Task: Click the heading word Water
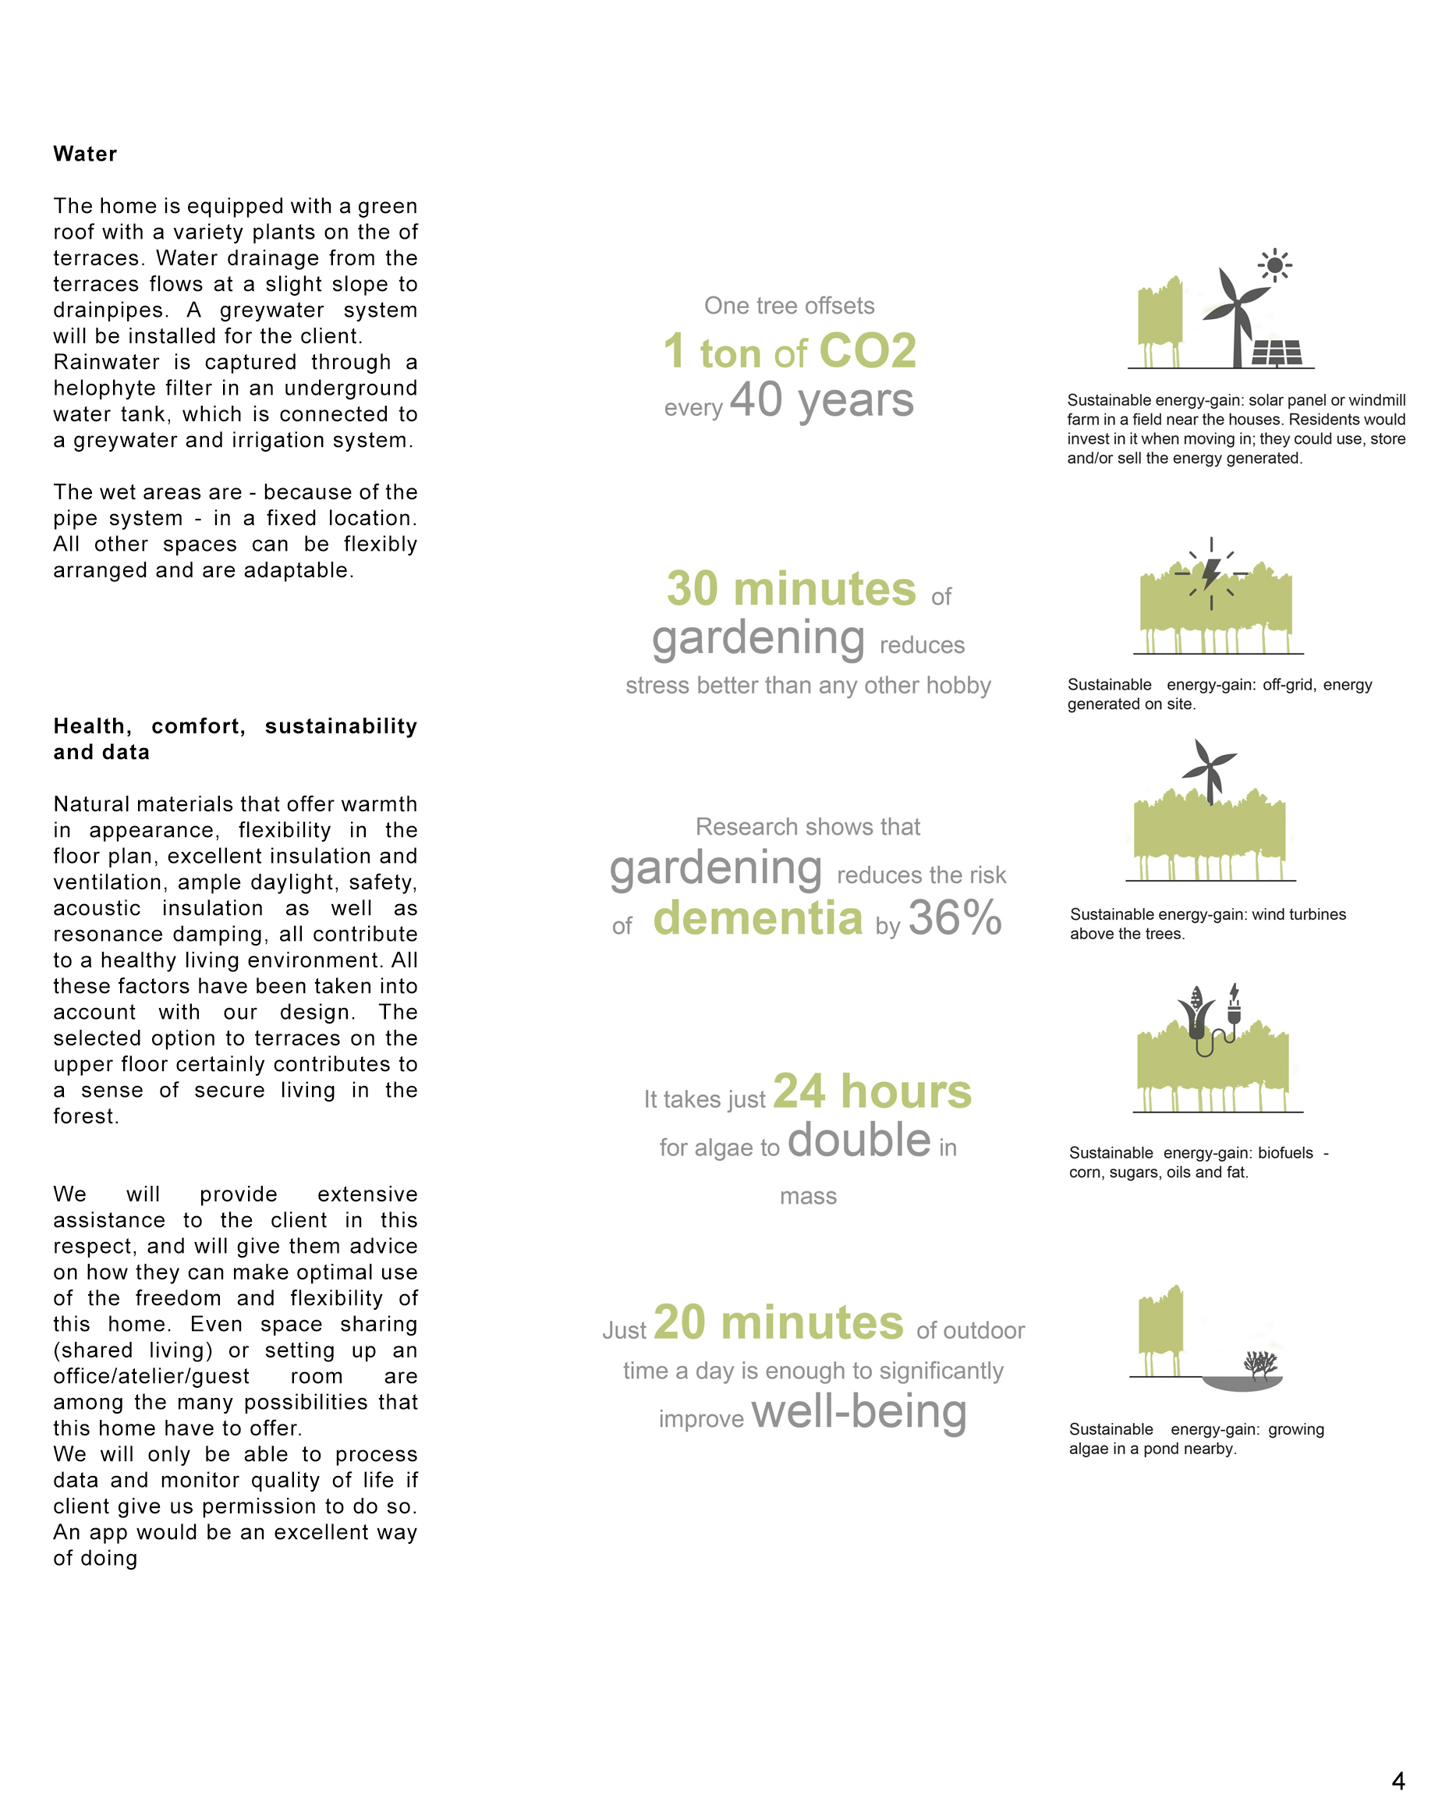85,154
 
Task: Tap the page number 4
1398,1781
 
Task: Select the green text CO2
867,350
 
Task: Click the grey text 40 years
821,399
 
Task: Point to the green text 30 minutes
791,588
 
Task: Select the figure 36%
955,917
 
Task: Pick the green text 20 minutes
778,1322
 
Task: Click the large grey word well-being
859,1411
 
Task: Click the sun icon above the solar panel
1274,266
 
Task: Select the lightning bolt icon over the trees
1211,573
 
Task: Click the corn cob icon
1196,1013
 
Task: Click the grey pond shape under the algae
1242,1382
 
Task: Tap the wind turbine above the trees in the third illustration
1210,770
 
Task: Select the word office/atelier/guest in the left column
151,1376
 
